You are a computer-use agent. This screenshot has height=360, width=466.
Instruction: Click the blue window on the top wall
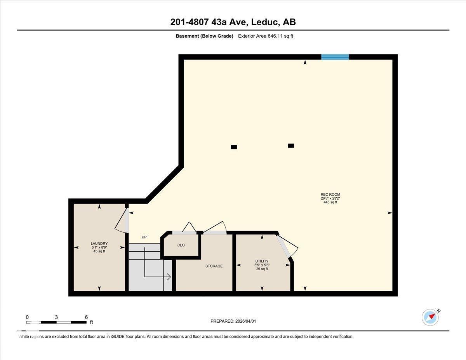(335, 57)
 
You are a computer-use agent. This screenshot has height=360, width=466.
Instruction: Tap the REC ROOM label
(330, 195)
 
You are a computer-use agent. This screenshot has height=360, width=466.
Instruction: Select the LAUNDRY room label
(99, 243)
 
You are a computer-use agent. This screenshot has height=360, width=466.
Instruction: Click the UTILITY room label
(262, 261)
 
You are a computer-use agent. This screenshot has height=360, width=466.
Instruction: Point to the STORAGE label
(214, 266)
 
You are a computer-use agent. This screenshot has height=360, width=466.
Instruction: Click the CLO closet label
(181, 245)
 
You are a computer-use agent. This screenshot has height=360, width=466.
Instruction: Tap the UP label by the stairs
(144, 237)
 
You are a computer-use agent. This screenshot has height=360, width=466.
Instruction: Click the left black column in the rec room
(234, 147)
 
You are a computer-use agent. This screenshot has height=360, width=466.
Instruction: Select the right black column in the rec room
(291, 146)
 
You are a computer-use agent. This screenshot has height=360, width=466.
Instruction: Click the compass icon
(430, 317)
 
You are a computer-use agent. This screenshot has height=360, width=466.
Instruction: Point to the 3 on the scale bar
(56, 317)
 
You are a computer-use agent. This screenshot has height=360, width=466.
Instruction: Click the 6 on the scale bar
(86, 317)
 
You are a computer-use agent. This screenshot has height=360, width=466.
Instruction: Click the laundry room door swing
(122, 222)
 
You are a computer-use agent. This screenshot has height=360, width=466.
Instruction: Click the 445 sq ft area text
(330, 202)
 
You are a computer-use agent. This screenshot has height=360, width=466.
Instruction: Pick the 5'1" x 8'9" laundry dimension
(99, 247)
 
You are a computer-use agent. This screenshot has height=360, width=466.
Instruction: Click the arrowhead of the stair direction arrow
(169, 277)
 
